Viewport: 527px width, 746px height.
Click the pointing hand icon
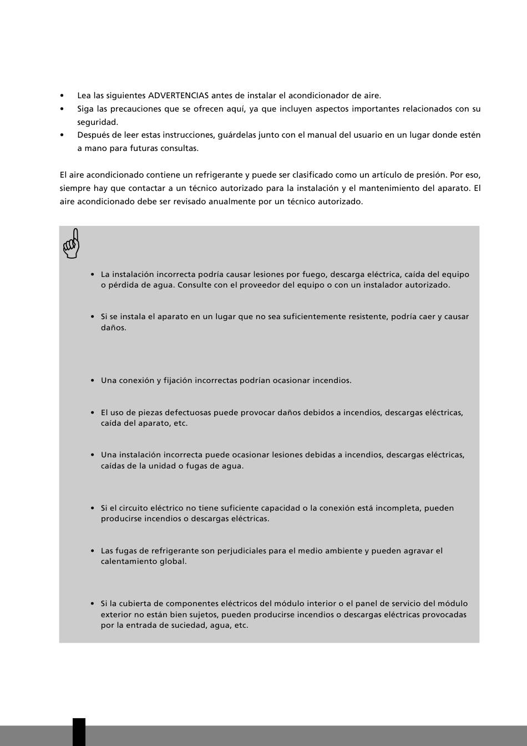point(72,244)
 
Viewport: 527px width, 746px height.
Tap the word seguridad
point(98,122)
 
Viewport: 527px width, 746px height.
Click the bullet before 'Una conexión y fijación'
point(93,381)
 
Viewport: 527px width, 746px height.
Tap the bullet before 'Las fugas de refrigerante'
point(93,551)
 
